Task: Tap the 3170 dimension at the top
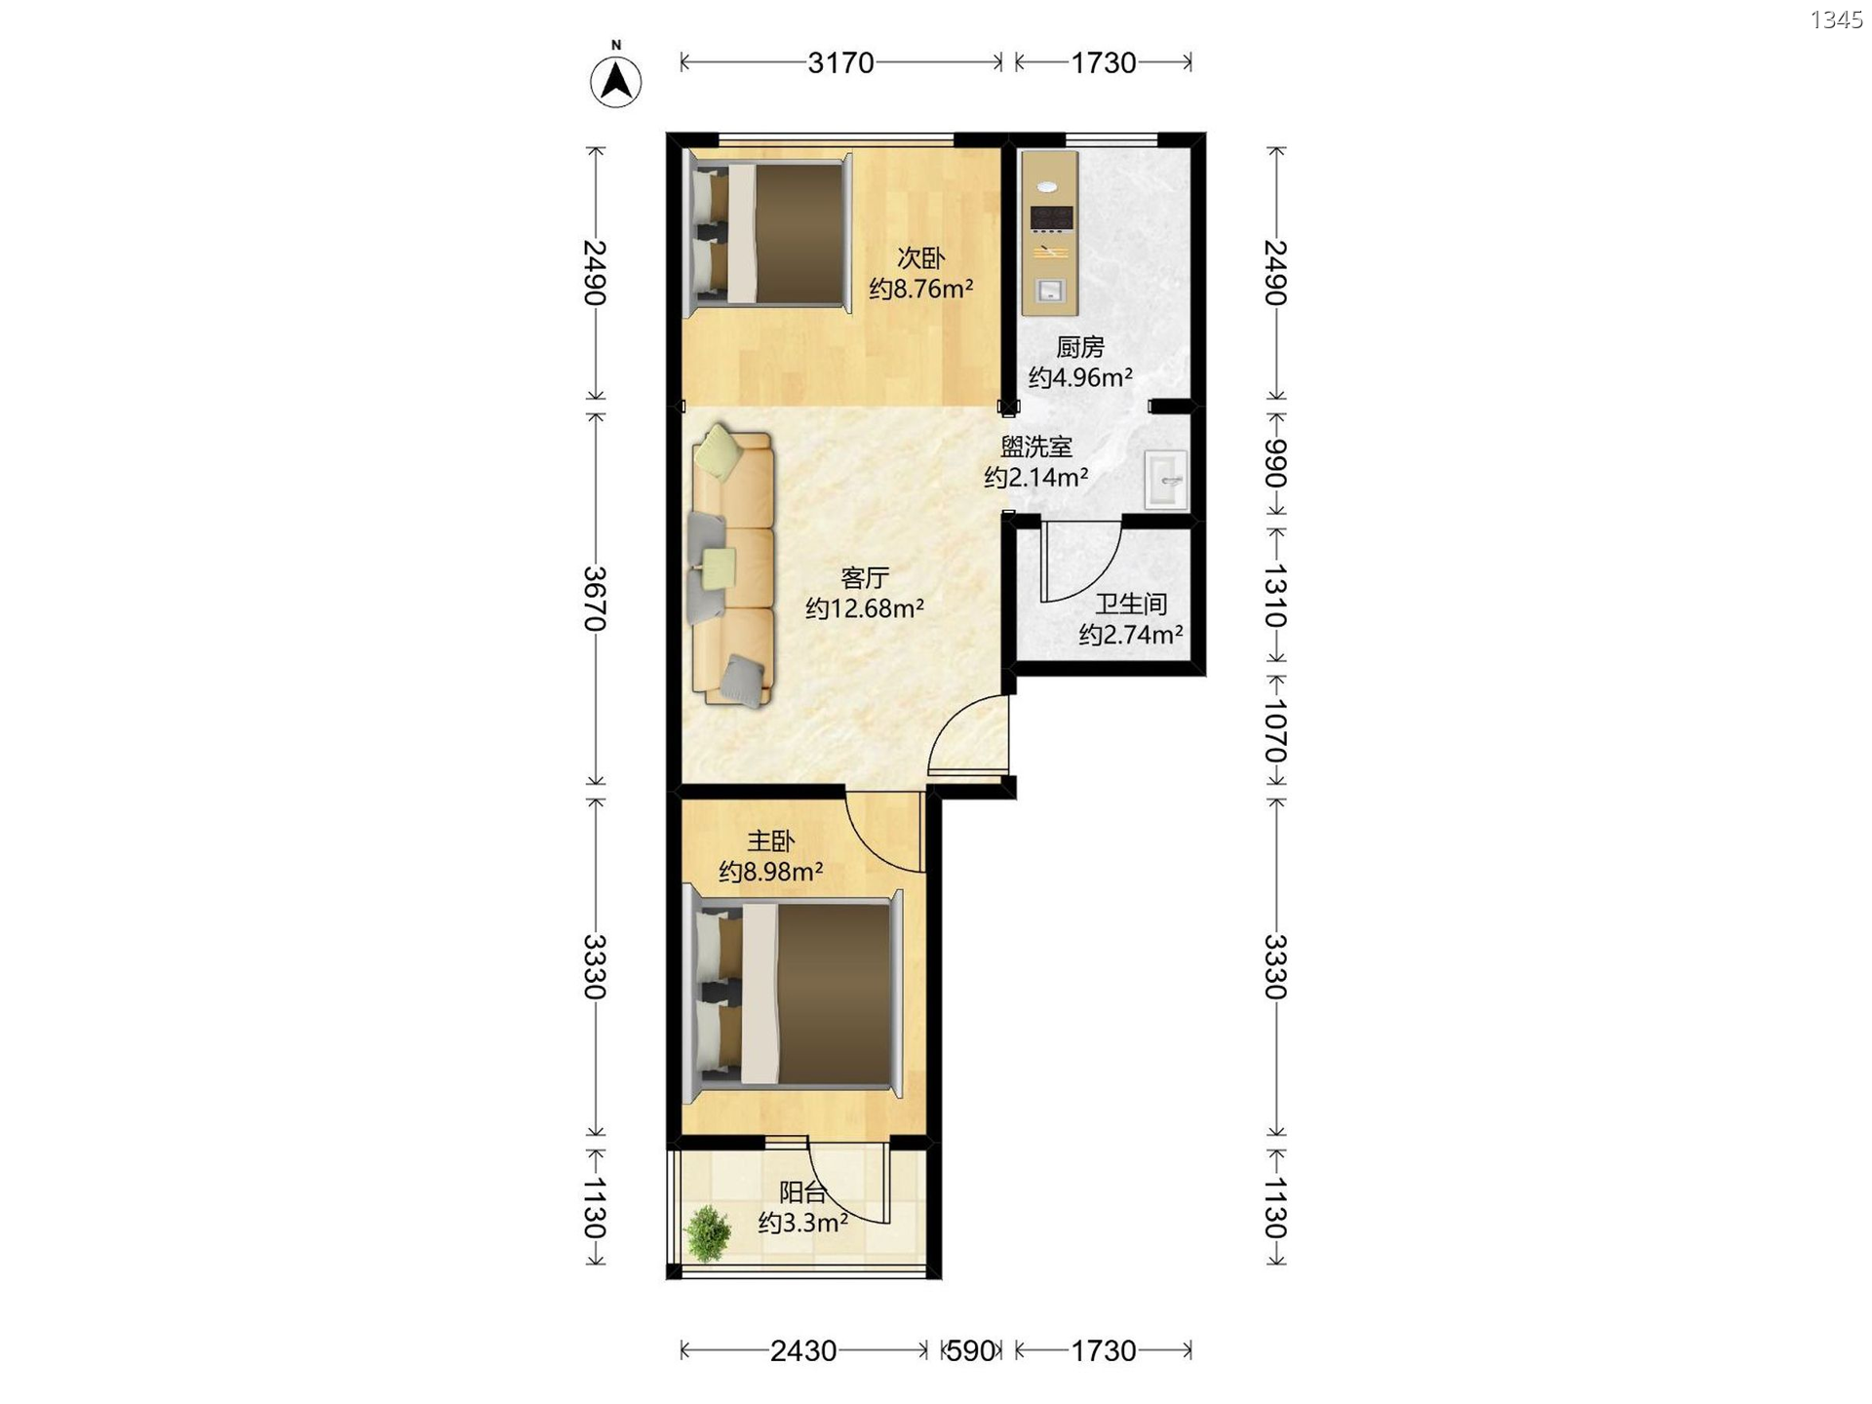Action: (840, 63)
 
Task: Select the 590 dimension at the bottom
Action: (971, 1350)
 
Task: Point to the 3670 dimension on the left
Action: (595, 599)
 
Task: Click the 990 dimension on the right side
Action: (1275, 464)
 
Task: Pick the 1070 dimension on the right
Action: (1275, 731)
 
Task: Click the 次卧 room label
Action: (920, 258)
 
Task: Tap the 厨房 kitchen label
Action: (1080, 347)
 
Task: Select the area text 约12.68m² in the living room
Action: (865, 608)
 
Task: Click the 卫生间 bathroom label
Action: (1130, 604)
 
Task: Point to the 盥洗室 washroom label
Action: (1036, 448)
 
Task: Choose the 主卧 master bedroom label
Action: (770, 840)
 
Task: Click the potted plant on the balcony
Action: (709, 1233)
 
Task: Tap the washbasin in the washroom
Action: (1166, 479)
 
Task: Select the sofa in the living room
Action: (732, 565)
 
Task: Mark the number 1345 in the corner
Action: (1836, 19)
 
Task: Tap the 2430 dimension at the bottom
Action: (803, 1350)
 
